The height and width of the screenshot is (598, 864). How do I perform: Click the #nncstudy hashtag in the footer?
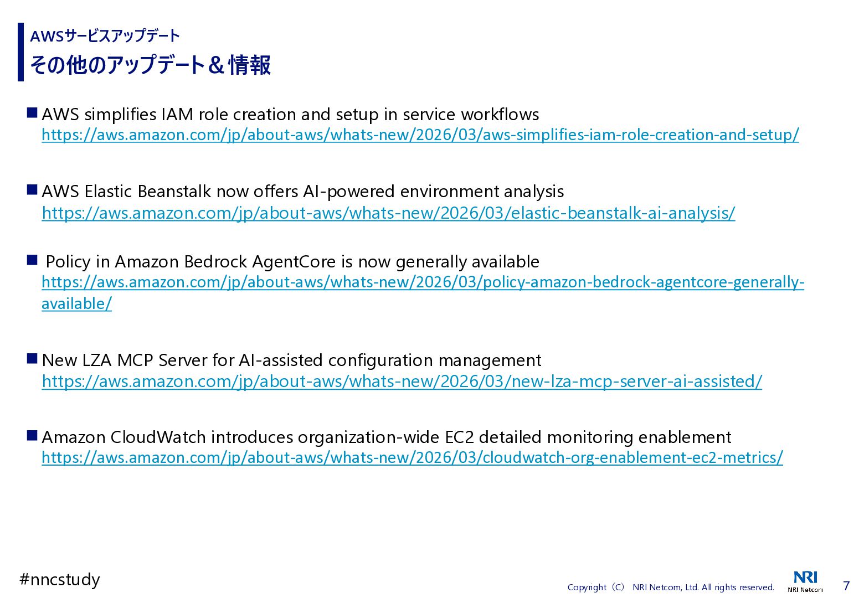point(60,580)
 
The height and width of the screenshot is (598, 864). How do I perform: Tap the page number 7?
point(846,586)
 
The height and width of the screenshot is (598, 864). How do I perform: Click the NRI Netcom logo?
point(805,581)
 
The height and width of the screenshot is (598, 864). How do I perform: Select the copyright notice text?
point(670,587)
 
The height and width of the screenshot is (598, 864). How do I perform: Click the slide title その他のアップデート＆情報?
point(150,65)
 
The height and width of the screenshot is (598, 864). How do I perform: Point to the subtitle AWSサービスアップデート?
point(105,37)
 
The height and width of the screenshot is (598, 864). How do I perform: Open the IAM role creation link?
point(420,135)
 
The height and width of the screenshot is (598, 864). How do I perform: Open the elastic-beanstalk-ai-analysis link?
point(388,213)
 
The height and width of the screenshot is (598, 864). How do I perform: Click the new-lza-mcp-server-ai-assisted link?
point(402,382)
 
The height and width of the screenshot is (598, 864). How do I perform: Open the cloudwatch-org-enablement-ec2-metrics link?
point(412,458)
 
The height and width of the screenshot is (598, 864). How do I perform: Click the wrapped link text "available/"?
point(76,304)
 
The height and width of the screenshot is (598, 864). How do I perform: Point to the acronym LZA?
point(97,360)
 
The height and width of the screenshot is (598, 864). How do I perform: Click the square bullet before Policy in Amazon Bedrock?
point(32,260)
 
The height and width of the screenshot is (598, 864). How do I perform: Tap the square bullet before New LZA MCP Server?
point(32,359)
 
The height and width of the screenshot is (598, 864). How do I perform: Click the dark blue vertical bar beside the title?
point(21,52)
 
